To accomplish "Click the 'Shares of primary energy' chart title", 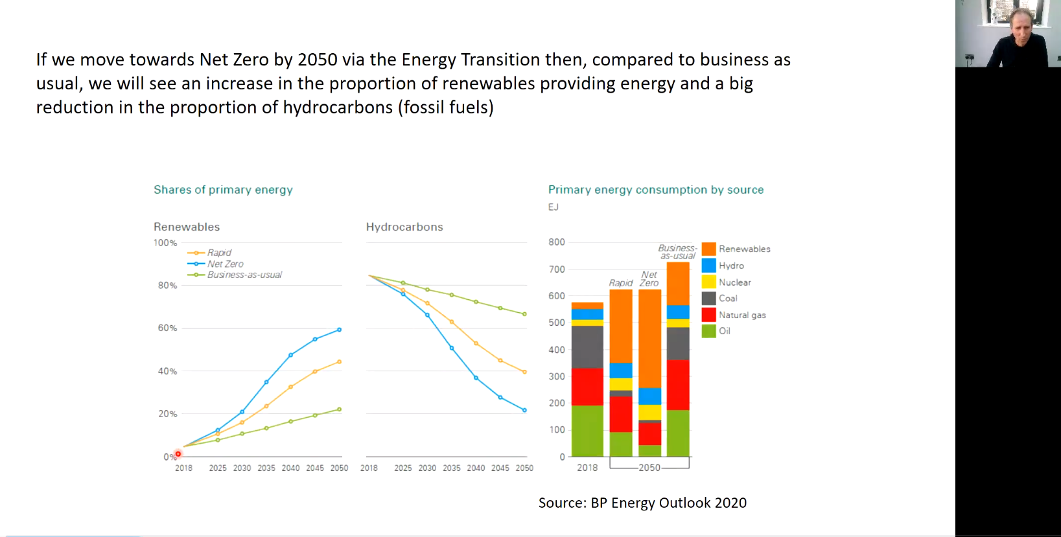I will [223, 190].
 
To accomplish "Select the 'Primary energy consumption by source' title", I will [656, 190].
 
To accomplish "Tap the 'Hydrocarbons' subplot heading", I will [404, 227].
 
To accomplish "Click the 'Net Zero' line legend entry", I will [225, 264].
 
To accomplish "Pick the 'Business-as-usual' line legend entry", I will [244, 275].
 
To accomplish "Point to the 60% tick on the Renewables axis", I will [167, 328].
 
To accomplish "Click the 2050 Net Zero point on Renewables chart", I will [339, 330].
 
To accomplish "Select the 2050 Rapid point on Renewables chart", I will [339, 361].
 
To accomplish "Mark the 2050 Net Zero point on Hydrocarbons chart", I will [524, 410].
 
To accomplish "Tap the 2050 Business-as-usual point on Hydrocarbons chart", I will [524, 314].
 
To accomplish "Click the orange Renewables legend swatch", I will [708, 249].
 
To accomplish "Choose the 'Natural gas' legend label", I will [742, 315].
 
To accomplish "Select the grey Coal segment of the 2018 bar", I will [587, 347].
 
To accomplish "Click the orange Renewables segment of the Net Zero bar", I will [650, 337].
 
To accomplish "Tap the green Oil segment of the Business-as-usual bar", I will [678, 433].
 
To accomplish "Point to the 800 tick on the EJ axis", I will [557, 242].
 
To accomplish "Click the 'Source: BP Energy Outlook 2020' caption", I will [642, 503].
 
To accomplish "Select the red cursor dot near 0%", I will [178, 453].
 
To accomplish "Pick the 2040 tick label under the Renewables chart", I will [290, 468].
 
